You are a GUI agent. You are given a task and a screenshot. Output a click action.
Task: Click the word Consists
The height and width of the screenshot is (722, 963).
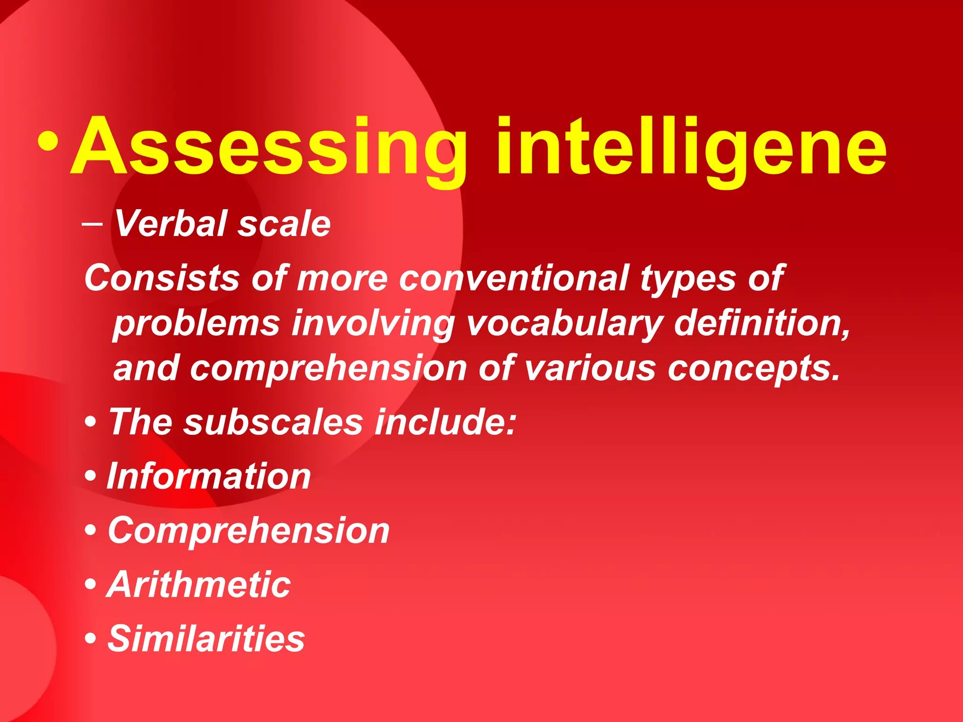point(162,278)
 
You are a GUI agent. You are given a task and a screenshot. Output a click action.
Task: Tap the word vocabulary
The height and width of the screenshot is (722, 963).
point(564,324)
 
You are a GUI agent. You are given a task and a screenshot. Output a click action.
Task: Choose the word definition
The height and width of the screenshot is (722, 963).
point(762,323)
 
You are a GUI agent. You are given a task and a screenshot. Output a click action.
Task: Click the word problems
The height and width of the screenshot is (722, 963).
point(197,324)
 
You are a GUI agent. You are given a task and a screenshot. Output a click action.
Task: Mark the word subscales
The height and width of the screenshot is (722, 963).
point(273,422)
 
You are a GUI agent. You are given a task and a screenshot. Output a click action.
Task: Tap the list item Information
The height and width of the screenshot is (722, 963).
point(209,476)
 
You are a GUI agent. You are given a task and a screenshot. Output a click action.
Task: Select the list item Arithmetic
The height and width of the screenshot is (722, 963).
point(198,585)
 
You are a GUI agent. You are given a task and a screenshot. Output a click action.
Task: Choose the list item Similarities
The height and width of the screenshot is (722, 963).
point(206,638)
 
